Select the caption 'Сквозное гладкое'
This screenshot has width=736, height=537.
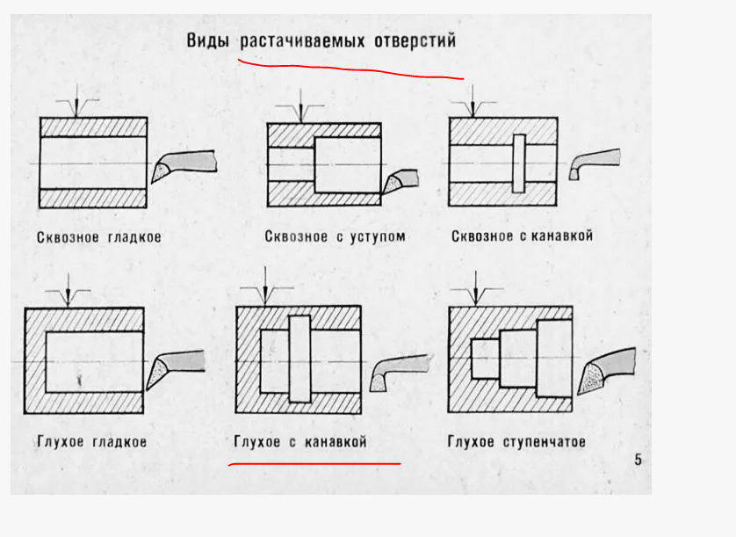click(x=99, y=237)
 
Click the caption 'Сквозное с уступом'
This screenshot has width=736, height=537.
click(x=335, y=236)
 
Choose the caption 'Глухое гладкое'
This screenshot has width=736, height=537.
click(x=91, y=441)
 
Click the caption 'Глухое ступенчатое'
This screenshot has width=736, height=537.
click(x=516, y=441)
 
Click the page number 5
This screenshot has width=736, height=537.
click(x=638, y=460)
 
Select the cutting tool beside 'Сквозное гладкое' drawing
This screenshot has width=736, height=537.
click(x=183, y=164)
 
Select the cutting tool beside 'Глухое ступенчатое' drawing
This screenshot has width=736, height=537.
click(x=605, y=369)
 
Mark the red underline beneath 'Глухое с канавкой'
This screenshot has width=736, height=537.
click(x=314, y=461)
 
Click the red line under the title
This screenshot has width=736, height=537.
click(x=351, y=69)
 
